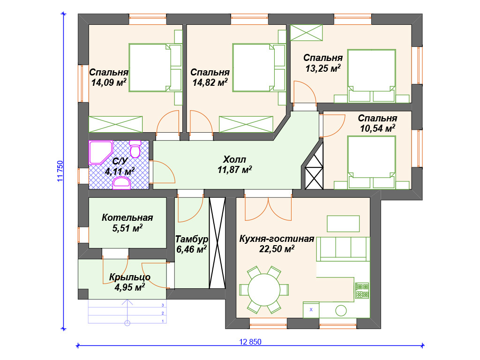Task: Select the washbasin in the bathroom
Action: pyautogui.click(x=122, y=184)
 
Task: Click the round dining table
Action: pyautogui.click(x=264, y=290)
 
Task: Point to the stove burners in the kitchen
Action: pyautogui.click(x=362, y=291)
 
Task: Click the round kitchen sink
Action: pyautogui.click(x=341, y=310)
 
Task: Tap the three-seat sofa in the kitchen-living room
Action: pyautogui.click(x=343, y=249)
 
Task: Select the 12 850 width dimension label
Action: pyautogui.click(x=250, y=342)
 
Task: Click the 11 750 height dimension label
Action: pyautogui.click(x=60, y=171)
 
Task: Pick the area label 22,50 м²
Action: pyautogui.click(x=277, y=249)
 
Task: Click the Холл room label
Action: pyautogui.click(x=234, y=159)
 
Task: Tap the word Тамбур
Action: pyautogui.click(x=192, y=239)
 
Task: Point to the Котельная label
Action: pyautogui.click(x=127, y=217)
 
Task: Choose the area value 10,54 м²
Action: pyautogui.click(x=377, y=128)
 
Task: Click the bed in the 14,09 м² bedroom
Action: pyautogui.click(x=150, y=67)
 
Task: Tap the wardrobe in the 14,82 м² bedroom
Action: pyautogui.click(x=246, y=124)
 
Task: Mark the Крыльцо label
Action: pyautogui.click(x=130, y=277)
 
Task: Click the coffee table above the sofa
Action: pyautogui.click(x=343, y=224)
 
